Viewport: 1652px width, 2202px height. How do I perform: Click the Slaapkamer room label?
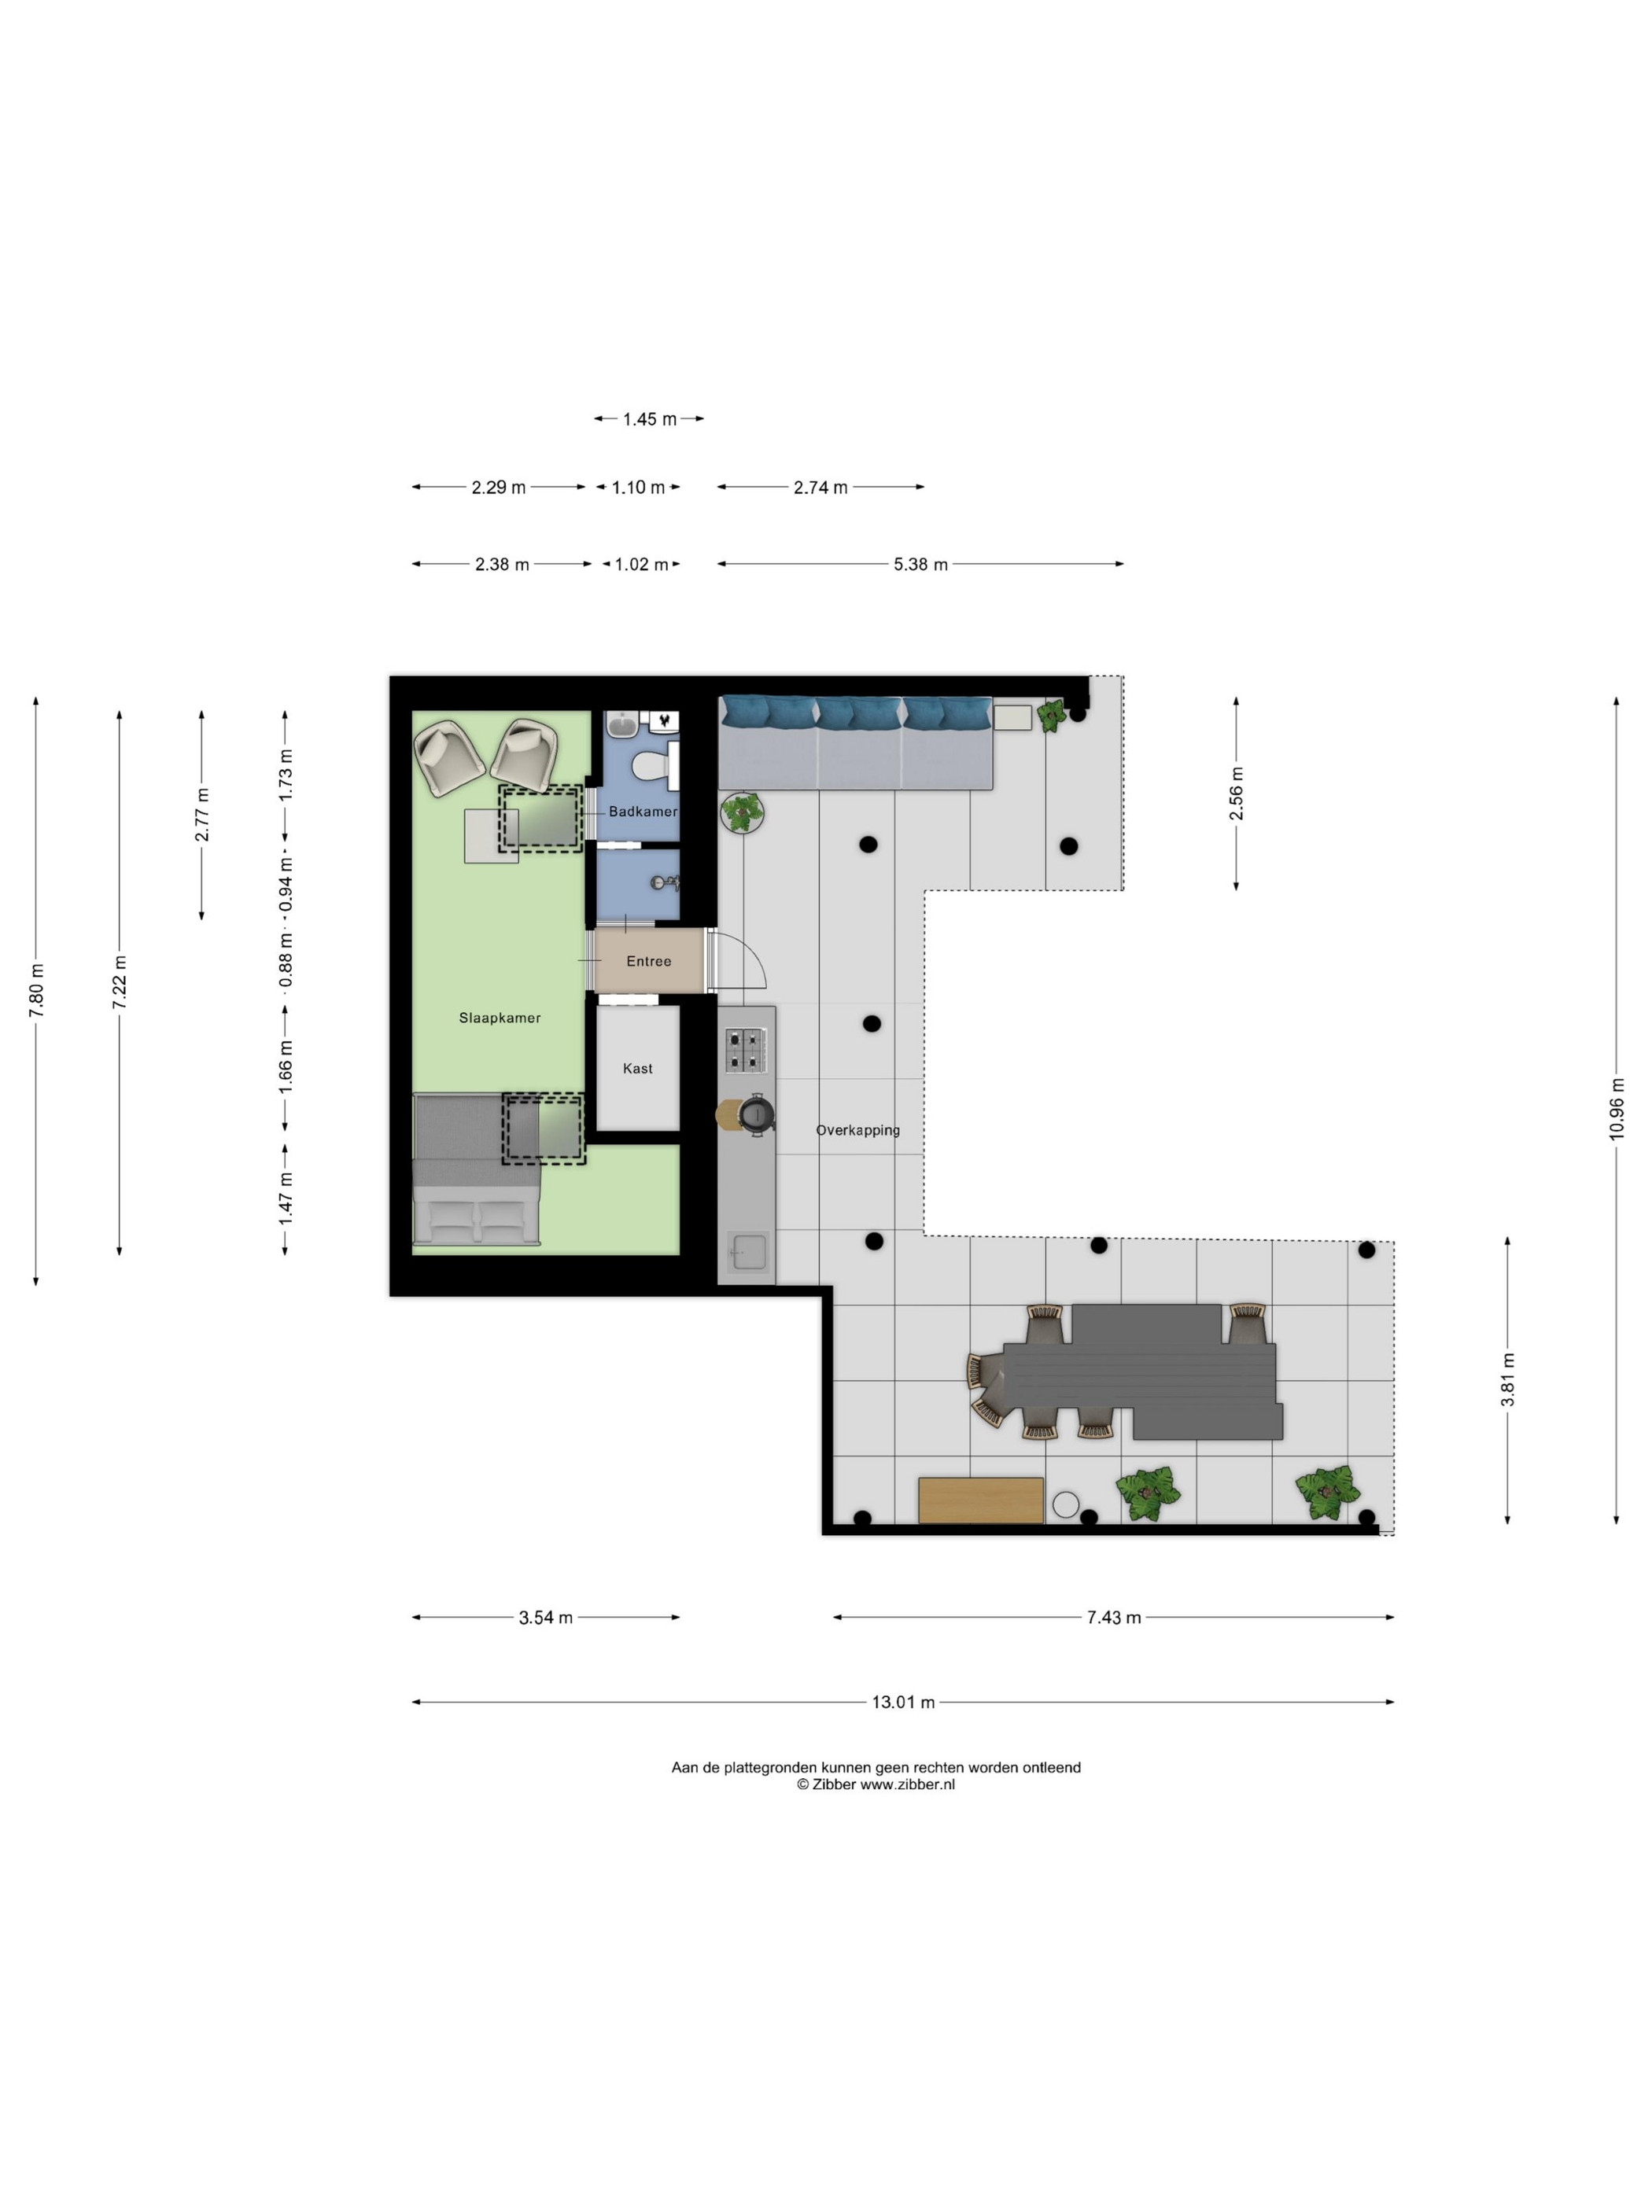(499, 1018)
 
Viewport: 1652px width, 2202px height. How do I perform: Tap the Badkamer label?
(642, 812)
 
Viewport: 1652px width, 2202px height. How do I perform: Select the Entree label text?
(648, 961)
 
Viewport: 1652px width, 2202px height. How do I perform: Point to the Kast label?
(637, 1068)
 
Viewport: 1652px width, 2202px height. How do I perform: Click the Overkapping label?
(857, 1130)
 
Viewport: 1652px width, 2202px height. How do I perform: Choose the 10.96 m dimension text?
(1616, 1109)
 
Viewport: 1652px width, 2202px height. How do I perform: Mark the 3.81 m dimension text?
(1507, 1379)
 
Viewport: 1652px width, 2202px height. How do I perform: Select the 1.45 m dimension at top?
(649, 419)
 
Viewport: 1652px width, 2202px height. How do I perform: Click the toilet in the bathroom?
(655, 765)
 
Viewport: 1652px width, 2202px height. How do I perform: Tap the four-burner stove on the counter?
(745, 1050)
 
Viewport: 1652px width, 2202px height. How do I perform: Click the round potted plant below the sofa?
(741, 812)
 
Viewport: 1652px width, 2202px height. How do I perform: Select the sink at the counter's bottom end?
(748, 1251)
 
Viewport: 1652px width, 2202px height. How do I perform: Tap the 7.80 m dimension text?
(37, 990)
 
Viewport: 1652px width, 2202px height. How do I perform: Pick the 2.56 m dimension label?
(1236, 793)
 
